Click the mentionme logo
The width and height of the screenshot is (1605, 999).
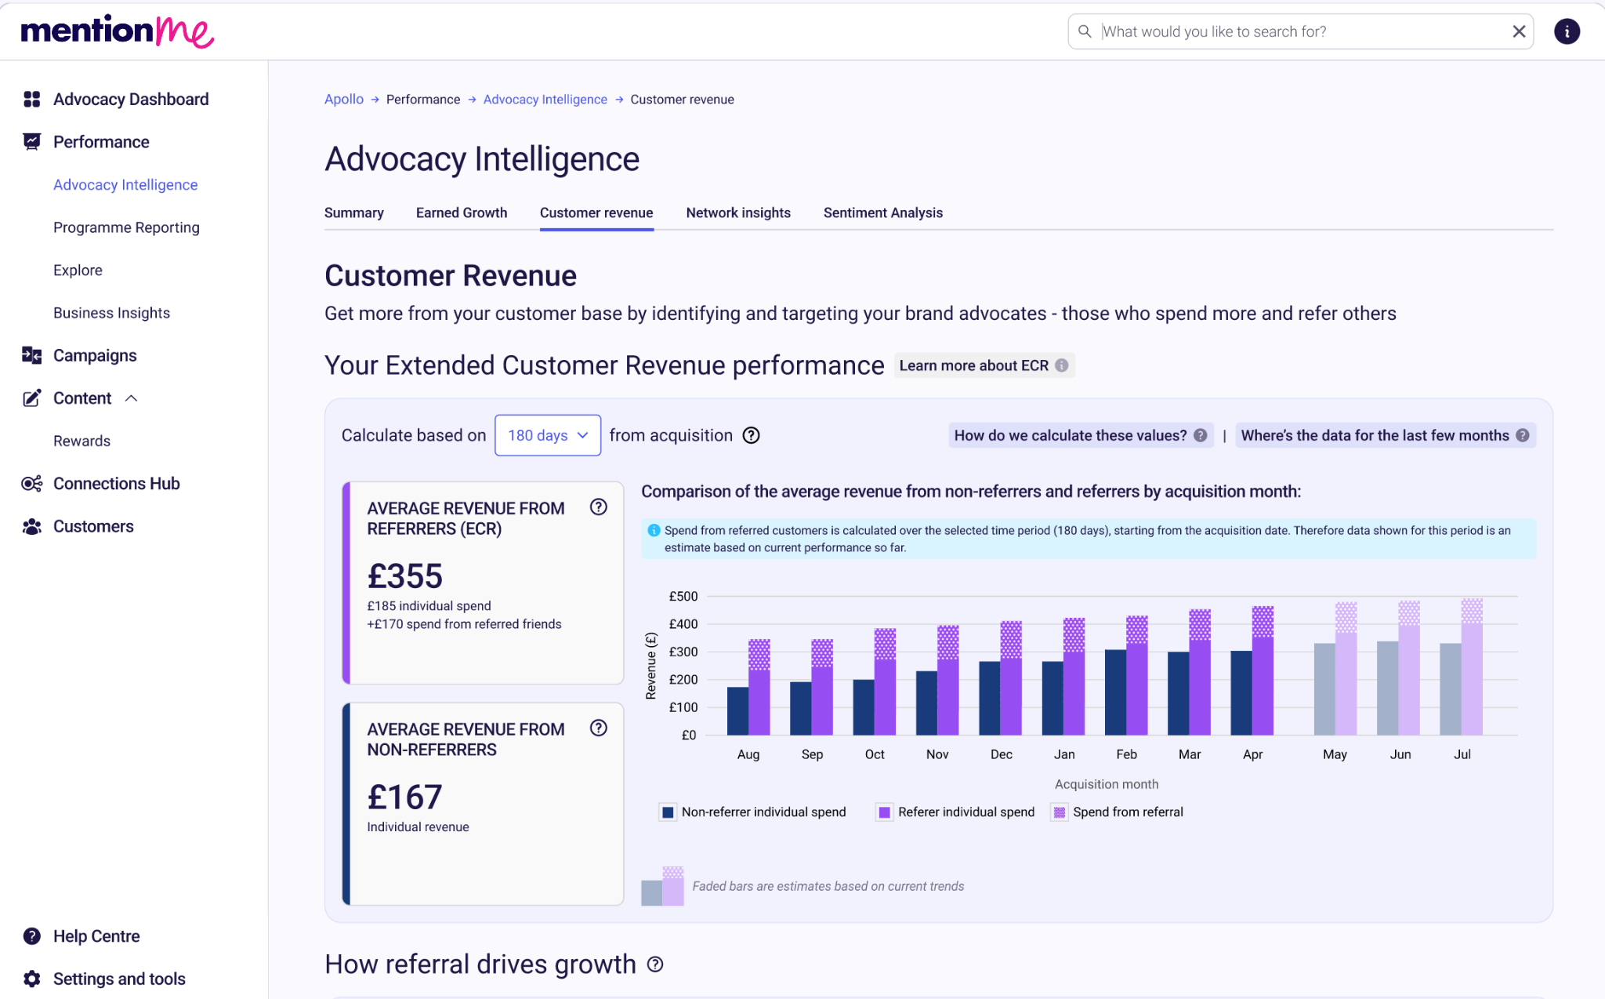coord(118,31)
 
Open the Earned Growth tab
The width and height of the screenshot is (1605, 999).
coord(462,213)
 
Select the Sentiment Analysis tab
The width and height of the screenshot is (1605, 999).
coord(883,213)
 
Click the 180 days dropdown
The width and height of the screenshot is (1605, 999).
coord(548,435)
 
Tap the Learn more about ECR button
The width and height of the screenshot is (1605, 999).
coord(984,365)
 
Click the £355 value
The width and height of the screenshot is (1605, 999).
coord(405,576)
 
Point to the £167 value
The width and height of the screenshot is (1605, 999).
coord(405,797)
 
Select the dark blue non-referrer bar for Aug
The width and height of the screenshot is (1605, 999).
coord(738,711)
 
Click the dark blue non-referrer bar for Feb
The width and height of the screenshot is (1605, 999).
coord(1116,692)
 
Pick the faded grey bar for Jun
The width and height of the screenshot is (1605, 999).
coord(1388,688)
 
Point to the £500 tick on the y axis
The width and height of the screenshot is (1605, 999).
coord(683,596)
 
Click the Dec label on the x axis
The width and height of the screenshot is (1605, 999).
coord(1002,754)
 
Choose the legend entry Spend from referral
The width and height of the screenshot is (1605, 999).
coord(1118,812)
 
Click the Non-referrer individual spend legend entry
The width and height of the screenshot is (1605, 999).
coord(754,812)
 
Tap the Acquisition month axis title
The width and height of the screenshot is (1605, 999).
coord(1107,784)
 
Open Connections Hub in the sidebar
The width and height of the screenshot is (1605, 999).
coord(117,484)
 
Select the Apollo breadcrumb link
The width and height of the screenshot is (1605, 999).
coord(344,100)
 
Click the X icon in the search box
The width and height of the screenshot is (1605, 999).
coord(1519,31)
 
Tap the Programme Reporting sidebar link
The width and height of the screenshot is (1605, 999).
coord(126,227)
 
